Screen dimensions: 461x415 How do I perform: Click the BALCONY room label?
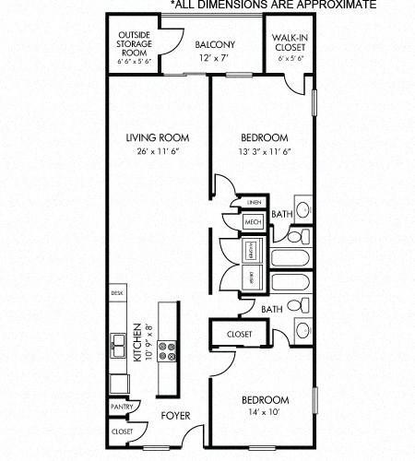coord(214,44)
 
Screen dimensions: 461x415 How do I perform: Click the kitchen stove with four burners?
coord(169,350)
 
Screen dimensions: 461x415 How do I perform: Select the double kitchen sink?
coord(118,346)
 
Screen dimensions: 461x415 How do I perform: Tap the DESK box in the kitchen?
coord(117,293)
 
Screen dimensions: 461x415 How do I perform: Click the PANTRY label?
coord(121,407)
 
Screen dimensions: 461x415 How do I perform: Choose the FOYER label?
coord(174,416)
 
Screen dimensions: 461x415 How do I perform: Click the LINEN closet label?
coord(252,201)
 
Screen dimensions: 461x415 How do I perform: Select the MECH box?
coord(253,222)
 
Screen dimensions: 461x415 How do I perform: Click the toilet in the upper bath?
coord(302,207)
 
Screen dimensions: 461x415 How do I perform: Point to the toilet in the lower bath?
coord(302,329)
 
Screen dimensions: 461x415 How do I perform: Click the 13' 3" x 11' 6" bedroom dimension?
coord(264,153)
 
